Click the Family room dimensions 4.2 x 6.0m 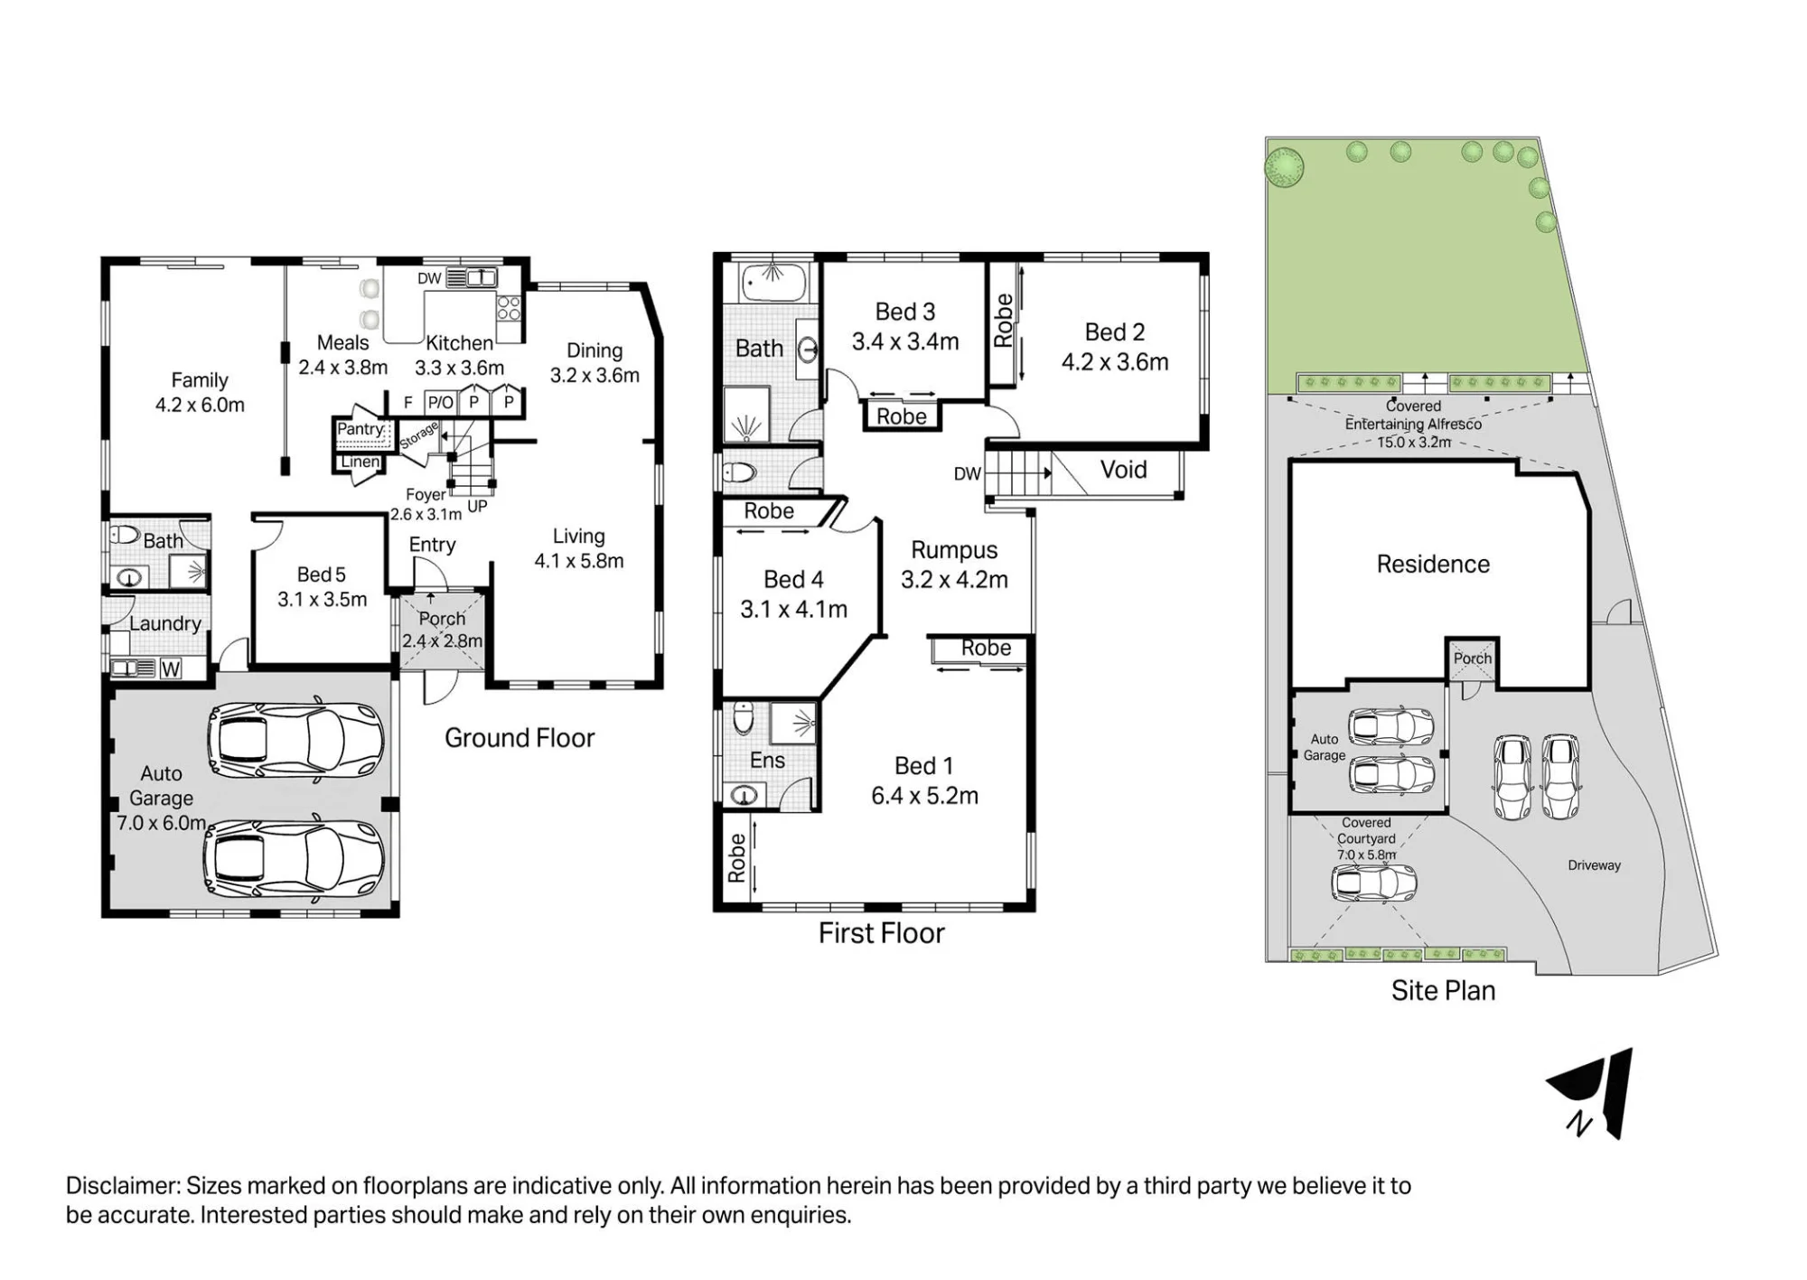coord(200,405)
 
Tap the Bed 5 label coord(322,575)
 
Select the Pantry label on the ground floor coord(360,429)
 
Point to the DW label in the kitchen coord(429,278)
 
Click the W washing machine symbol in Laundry coord(170,668)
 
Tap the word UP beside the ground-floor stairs coord(477,506)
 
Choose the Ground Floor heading coord(520,738)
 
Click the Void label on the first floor coord(1123,470)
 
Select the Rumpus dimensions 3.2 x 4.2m coord(954,580)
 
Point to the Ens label coord(767,761)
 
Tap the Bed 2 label coord(1115,332)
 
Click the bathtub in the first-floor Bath coord(775,282)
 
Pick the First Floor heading coord(882,933)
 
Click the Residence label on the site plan coord(1433,565)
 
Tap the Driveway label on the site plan coord(1594,865)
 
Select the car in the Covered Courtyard coord(1373,883)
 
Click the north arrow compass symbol coord(1592,1093)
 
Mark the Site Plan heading coord(1443,991)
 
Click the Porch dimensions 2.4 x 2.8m coord(442,641)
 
